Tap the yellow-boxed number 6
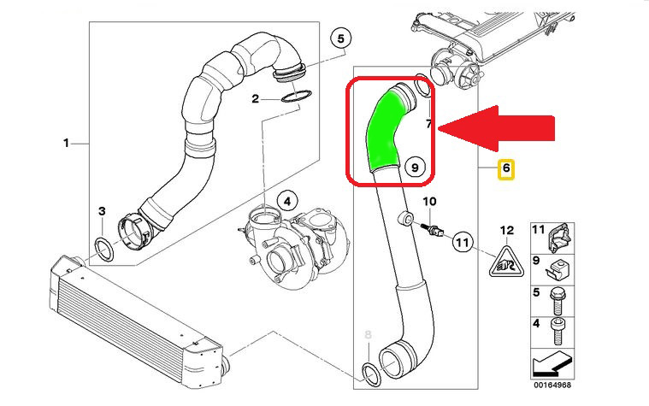pos(506,169)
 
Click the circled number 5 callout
pos(340,38)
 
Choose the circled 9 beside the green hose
pos(414,168)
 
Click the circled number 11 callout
pos(463,243)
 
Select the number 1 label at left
pos(66,143)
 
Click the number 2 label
pos(255,99)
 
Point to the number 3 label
pos(101,211)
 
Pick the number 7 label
pos(430,125)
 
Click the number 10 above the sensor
pos(430,201)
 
